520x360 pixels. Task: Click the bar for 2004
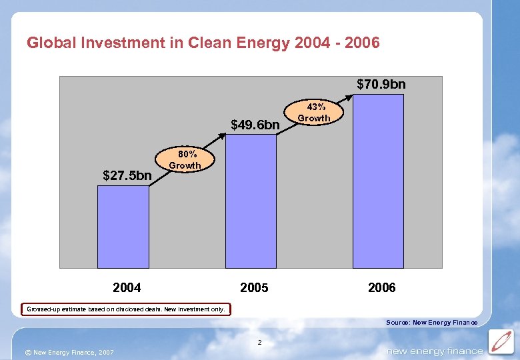123,226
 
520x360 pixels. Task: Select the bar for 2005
251,201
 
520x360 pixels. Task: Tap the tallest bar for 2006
378,181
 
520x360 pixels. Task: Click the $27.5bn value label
127,176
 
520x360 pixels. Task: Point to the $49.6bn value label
255,125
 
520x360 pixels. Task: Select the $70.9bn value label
381,85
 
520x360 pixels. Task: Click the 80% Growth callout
185,160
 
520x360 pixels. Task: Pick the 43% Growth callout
313,113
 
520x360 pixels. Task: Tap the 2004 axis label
127,287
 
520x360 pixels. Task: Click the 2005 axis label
254,287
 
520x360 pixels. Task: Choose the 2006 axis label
381,287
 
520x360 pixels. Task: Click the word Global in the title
51,43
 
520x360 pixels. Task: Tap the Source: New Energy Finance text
431,323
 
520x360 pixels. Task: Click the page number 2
260,343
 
